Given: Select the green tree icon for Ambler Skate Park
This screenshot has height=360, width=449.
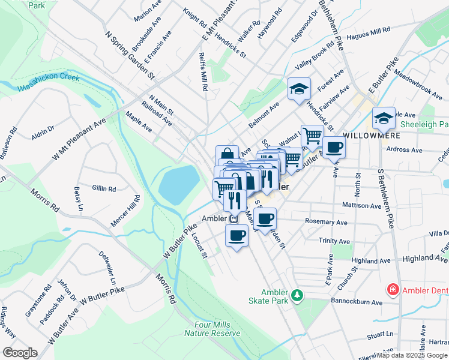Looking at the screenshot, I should pyautogui.click(x=297, y=295).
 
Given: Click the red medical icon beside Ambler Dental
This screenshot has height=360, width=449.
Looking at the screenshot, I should pyautogui.click(x=393, y=290).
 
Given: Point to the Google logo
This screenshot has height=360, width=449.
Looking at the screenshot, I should pyautogui.click(x=20, y=353).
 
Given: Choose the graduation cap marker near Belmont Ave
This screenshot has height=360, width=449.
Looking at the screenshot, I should pyautogui.click(x=298, y=89).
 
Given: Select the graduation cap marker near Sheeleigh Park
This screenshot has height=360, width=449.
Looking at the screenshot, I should pyautogui.click(x=383, y=118).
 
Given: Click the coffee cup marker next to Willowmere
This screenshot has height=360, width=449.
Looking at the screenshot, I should pyautogui.click(x=334, y=146).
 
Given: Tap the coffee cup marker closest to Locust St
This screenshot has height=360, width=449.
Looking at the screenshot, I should pyautogui.click(x=237, y=235).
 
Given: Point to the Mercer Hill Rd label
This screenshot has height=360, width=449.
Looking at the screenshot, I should pyautogui.click(x=124, y=211).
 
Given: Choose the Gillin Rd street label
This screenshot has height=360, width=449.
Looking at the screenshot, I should pyautogui.click(x=104, y=188).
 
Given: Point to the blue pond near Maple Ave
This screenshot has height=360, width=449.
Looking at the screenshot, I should pyautogui.click(x=179, y=184).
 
